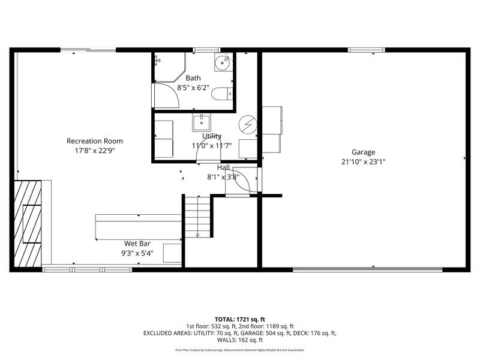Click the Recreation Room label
95,141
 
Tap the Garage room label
363,152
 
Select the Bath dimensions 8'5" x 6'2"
193,88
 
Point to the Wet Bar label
137,244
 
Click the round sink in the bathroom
222,62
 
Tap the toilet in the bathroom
222,94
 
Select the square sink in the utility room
202,122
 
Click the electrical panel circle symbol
248,125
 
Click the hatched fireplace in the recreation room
28,223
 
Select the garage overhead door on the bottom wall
368,269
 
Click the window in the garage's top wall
367,50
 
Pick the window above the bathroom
206,50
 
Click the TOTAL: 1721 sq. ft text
239,320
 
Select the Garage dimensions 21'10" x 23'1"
364,161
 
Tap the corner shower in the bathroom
170,67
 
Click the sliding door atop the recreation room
88,50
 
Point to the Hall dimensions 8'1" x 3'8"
223,177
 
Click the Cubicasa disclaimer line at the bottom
239,350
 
